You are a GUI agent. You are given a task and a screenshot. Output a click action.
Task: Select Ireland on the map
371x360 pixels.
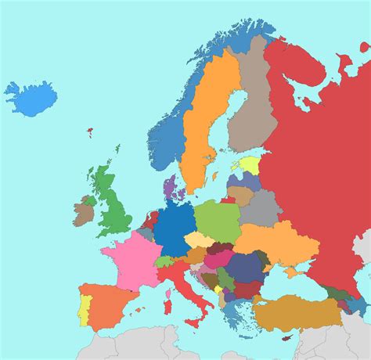pyautogui.click(x=84, y=210)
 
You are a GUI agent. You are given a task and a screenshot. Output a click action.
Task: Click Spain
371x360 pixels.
pyautogui.click(x=110, y=304)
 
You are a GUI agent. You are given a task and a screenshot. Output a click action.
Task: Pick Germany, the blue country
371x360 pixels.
pyautogui.click(x=174, y=227)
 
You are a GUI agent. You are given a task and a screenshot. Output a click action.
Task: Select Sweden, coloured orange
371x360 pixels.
pyautogui.click(x=205, y=117)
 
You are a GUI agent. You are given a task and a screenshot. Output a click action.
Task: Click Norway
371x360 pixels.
pyautogui.click(x=168, y=137)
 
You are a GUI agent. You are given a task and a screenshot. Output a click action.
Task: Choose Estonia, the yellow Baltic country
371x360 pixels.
pyautogui.click(x=250, y=165)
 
